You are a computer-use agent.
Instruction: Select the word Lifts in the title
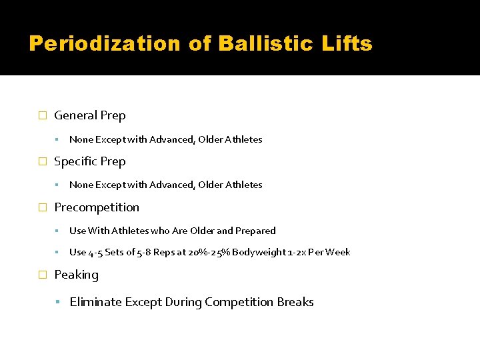tap(347, 44)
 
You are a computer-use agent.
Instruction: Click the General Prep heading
tap(89, 115)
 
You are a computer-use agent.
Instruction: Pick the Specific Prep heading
tap(89, 161)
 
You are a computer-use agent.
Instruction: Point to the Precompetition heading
tap(97, 207)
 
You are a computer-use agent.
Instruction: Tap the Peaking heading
tap(76, 275)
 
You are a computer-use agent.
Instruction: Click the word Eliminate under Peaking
tap(93, 302)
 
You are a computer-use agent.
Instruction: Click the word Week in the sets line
tap(339, 252)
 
